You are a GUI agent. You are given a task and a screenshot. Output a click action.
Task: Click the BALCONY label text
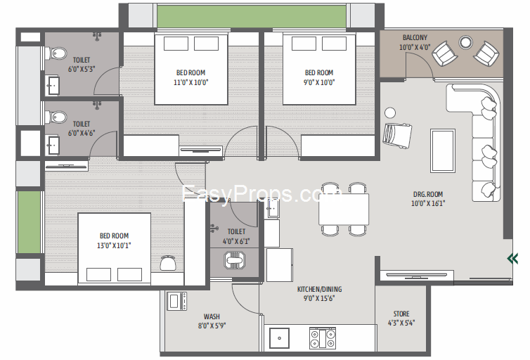(x=415, y=37)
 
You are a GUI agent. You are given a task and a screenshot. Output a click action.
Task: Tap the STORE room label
(x=401, y=314)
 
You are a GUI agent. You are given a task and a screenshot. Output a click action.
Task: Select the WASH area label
(x=212, y=316)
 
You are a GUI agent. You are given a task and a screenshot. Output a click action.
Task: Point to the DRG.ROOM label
(x=428, y=194)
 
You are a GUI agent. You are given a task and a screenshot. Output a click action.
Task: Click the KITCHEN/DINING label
(x=319, y=289)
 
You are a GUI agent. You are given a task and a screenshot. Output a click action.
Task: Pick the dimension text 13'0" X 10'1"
(x=114, y=245)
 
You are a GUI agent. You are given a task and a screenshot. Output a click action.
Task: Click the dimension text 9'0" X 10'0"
(x=319, y=82)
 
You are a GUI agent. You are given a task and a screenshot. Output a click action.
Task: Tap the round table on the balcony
(x=465, y=42)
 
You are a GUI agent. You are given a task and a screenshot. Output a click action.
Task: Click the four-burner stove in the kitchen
(x=323, y=338)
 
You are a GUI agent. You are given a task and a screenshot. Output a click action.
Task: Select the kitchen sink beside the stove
(x=279, y=338)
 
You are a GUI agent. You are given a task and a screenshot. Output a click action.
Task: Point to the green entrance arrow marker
(x=512, y=259)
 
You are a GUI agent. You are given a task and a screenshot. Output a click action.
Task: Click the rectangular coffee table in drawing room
(x=442, y=150)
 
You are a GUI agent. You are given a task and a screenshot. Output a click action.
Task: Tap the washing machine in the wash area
(x=176, y=301)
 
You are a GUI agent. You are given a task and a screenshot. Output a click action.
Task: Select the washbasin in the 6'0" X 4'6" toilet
(x=53, y=145)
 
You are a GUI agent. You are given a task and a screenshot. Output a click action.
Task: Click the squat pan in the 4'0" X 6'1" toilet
(x=234, y=261)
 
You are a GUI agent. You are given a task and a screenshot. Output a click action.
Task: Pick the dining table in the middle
(x=344, y=210)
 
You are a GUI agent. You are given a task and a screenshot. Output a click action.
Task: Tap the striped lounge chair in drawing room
(x=397, y=136)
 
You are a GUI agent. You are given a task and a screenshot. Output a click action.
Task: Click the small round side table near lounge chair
(x=390, y=112)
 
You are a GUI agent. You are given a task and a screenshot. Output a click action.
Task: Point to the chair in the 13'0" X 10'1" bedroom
(x=168, y=263)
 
